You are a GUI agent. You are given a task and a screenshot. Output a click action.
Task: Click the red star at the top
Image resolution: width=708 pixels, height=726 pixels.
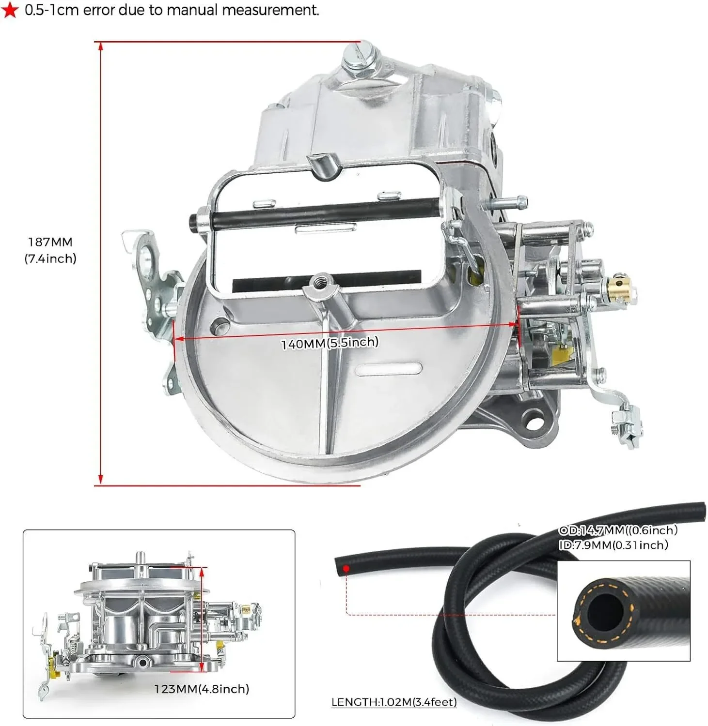coord(10,10)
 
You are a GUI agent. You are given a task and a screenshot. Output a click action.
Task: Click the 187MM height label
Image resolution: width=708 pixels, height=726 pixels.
coord(50,242)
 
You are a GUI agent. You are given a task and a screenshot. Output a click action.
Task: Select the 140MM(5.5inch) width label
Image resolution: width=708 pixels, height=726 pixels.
coord(330,343)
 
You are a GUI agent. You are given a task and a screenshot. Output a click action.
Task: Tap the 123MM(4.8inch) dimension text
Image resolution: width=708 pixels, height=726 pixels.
coord(202,689)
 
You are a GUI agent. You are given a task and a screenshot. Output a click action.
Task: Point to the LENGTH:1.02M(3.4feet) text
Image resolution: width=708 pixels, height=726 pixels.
coord(394,701)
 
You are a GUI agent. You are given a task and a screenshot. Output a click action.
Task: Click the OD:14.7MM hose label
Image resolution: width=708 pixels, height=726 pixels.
coord(618,530)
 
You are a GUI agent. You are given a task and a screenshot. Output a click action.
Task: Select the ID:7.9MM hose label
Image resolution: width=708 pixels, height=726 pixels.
coord(613,545)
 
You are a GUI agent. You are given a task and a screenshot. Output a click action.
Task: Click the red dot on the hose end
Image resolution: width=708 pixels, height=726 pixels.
coord(346,569)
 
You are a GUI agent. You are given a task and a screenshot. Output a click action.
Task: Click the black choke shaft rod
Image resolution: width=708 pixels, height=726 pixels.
coord(320,213)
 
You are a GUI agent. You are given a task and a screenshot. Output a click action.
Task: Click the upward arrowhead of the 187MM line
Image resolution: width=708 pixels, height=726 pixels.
coord(101,46)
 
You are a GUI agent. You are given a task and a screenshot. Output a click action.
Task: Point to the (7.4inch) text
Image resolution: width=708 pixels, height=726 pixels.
coord(50,258)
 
